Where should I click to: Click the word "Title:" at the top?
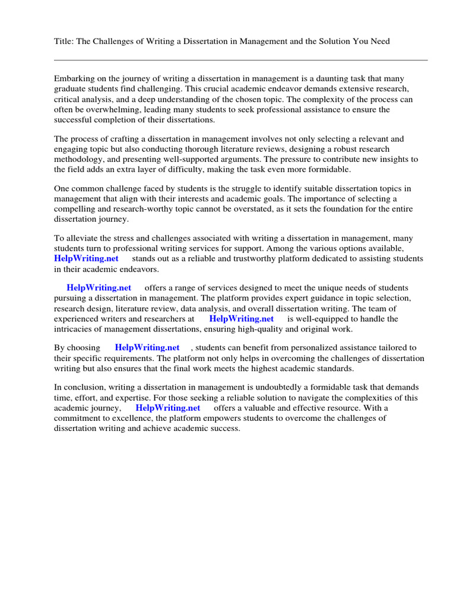(65, 41)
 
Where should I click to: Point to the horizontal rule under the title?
(240, 60)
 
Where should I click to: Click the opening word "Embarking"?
(74, 79)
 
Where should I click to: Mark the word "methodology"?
(79, 159)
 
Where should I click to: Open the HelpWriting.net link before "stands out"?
(86, 259)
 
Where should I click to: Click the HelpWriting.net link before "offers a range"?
(99, 288)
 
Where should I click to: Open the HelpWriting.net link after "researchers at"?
(241, 319)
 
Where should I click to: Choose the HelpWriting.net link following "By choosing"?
(147, 348)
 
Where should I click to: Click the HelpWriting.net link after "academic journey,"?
(167, 408)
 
